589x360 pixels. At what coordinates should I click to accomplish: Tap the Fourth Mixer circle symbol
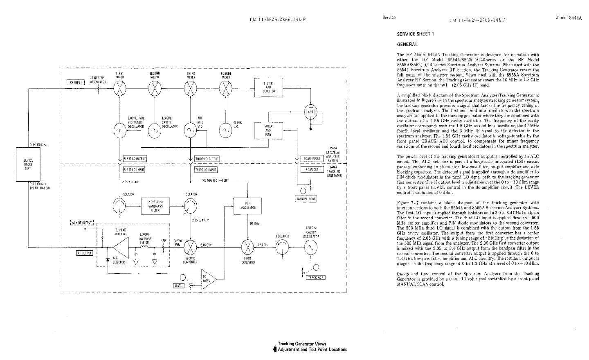pos(225,88)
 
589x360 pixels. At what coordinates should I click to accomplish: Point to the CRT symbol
pos(311,111)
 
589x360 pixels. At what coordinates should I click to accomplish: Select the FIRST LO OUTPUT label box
pos(135,159)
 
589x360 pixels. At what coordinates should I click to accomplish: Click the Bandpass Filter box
pos(155,206)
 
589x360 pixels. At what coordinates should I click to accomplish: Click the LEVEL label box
pos(178,286)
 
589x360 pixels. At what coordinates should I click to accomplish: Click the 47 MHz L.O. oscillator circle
pos(225,130)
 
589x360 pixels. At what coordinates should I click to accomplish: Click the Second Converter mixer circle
pos(191,248)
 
